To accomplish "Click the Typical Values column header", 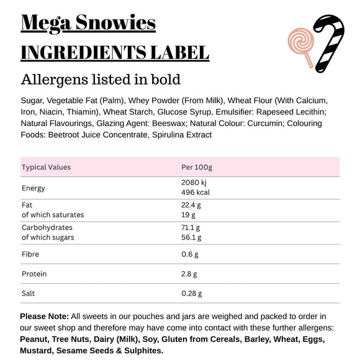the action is (46, 167).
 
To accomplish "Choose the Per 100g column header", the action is (196, 167).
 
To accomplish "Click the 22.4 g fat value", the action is (191, 205).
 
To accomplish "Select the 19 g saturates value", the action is (188, 215).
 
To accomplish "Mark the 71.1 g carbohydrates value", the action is (191, 228).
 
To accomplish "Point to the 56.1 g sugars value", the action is (191, 237).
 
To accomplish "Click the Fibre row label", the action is (30, 254).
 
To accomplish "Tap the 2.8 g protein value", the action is (189, 274).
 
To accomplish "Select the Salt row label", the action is (29, 294).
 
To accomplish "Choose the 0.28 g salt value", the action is (191, 294).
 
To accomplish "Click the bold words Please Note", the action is (45, 317).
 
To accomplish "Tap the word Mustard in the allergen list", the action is (37, 351).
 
